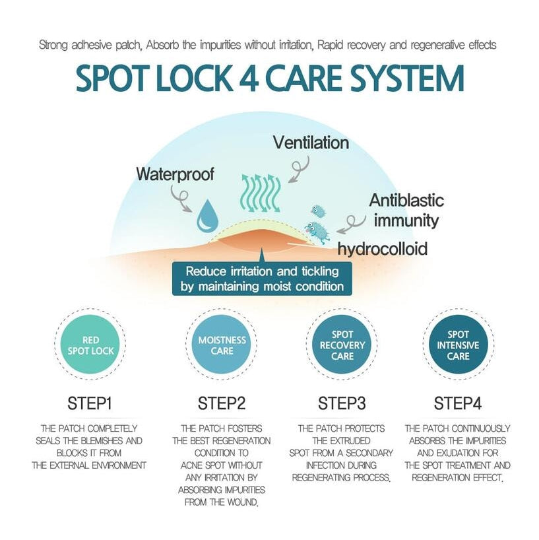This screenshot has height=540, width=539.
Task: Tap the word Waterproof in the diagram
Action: tap(175, 174)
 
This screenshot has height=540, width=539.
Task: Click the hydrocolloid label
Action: tap(383, 249)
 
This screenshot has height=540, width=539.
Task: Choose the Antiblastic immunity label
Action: tap(406, 210)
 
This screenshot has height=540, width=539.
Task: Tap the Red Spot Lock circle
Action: tap(92, 345)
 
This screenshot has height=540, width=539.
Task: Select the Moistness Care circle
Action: tap(222, 345)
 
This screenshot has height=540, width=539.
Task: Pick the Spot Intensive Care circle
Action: tap(459, 345)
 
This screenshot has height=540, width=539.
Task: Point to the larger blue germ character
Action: tap(318, 231)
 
